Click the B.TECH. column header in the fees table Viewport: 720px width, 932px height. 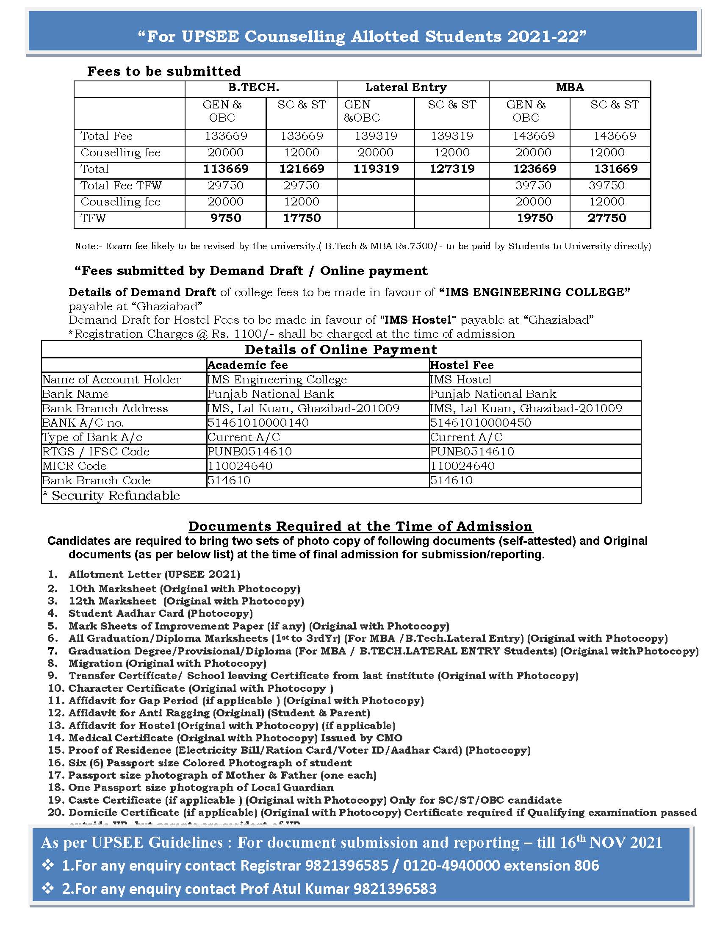[253, 88]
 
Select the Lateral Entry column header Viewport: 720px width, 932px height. [406, 88]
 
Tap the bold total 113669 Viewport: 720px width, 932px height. [226, 169]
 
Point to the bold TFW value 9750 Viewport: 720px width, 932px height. [226, 218]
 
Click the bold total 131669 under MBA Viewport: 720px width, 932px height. [615, 169]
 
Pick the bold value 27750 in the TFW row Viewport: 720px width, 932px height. [606, 218]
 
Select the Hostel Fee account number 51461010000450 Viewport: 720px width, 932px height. [480, 423]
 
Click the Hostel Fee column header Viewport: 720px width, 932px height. [462, 365]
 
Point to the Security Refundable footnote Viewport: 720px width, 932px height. [111, 496]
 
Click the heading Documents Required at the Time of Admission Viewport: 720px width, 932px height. [360, 526]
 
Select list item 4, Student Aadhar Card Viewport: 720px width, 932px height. [161, 614]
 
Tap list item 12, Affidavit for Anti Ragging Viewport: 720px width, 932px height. [219, 713]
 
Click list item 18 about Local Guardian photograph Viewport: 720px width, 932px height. [200, 788]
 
